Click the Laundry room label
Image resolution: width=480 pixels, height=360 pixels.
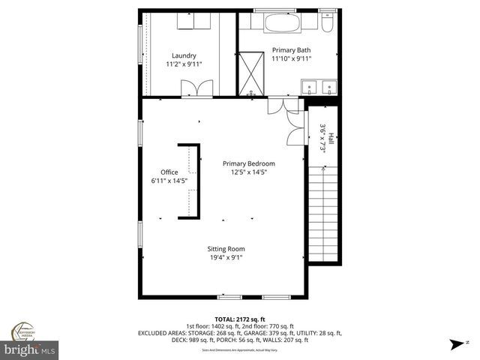click(x=184, y=55)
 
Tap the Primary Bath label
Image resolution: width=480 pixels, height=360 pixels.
click(x=292, y=49)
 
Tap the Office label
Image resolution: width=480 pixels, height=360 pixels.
click(x=169, y=172)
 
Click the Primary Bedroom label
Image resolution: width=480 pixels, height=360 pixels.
click(x=249, y=163)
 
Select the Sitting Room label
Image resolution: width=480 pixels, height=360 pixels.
click(x=226, y=249)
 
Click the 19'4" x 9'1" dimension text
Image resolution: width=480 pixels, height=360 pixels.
click(x=226, y=257)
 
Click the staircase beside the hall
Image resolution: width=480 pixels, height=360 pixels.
click(x=322, y=214)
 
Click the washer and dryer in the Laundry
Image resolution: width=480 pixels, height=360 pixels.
click(x=193, y=22)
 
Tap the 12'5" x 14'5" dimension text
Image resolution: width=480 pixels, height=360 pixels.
click(x=249, y=172)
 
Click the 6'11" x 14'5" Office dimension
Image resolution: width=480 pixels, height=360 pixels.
click(x=169, y=180)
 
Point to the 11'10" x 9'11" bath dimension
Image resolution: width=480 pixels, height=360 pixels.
click(x=292, y=58)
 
